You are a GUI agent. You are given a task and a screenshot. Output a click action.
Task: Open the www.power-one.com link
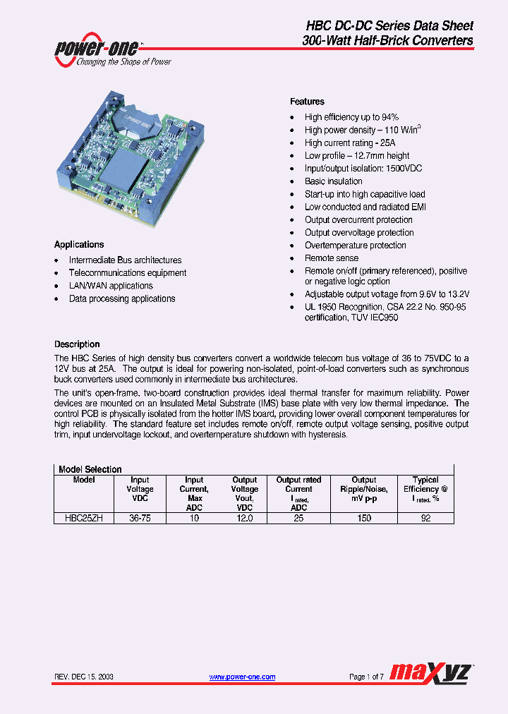[242, 677]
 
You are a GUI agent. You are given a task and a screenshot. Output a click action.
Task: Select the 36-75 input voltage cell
[140, 518]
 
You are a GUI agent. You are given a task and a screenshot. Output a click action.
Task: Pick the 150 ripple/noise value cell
[364, 518]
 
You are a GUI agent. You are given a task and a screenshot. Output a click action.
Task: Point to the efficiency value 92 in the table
[425, 518]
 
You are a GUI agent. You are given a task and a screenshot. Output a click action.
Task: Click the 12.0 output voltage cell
[244, 518]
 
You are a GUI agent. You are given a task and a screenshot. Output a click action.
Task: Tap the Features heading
[307, 102]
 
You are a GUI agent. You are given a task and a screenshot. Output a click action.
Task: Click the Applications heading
[79, 244]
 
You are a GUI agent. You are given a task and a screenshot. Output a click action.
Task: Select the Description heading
[77, 344]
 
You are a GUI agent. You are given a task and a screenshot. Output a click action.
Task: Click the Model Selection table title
[90, 469]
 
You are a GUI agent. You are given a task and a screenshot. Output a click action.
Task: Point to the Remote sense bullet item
[331, 258]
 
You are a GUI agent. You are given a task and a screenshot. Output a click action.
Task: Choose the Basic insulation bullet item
[333, 181]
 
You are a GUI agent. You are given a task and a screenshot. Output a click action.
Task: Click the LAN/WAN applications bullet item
[111, 286]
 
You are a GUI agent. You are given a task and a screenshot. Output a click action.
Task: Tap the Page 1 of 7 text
[366, 677]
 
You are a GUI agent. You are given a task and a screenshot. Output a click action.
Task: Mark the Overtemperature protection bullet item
[355, 246]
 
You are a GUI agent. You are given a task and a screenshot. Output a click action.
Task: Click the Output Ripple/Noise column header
[364, 489]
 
